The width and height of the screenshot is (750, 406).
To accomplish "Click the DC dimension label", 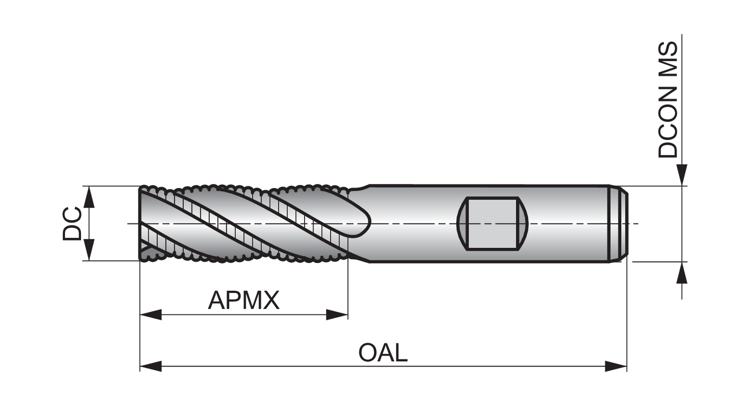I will pos(72,223).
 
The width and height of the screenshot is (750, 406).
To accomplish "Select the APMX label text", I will pos(243,300).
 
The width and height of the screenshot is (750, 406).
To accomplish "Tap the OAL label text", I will pos(383,352).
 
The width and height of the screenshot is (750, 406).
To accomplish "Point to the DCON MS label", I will pos(667,100).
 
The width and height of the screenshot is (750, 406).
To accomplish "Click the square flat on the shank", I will pos(492,223).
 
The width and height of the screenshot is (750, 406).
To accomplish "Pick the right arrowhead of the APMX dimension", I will pos(336,314).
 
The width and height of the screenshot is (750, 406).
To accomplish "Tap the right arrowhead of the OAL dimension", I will pos(615,366).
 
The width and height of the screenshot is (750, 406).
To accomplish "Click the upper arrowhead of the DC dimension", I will pos(89,197).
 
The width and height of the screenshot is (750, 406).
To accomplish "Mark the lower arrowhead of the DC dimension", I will pos(89,249).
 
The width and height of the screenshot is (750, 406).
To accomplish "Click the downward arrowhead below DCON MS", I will pos(682,175).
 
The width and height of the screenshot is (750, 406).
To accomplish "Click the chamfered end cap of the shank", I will pos(620,223).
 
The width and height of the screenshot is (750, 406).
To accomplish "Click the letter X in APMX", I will pos(270,300).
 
